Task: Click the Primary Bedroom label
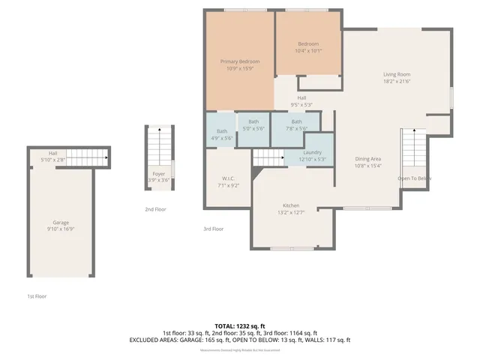[x=238, y=64]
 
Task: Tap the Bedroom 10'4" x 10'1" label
[x=308, y=47]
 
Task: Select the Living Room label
[x=397, y=77]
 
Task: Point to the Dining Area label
[x=368, y=162]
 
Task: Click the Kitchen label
[x=291, y=208]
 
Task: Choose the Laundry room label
[x=313, y=155]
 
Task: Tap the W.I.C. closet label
[x=228, y=181]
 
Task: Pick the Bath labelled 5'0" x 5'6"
[x=253, y=125]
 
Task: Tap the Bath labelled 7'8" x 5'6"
[x=297, y=125]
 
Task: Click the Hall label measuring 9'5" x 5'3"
[x=301, y=101]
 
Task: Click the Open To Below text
[x=414, y=178]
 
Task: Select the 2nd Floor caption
[x=155, y=209]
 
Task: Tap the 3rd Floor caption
[x=214, y=229]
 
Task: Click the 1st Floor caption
[x=37, y=296]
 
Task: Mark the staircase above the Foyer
[x=158, y=144]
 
